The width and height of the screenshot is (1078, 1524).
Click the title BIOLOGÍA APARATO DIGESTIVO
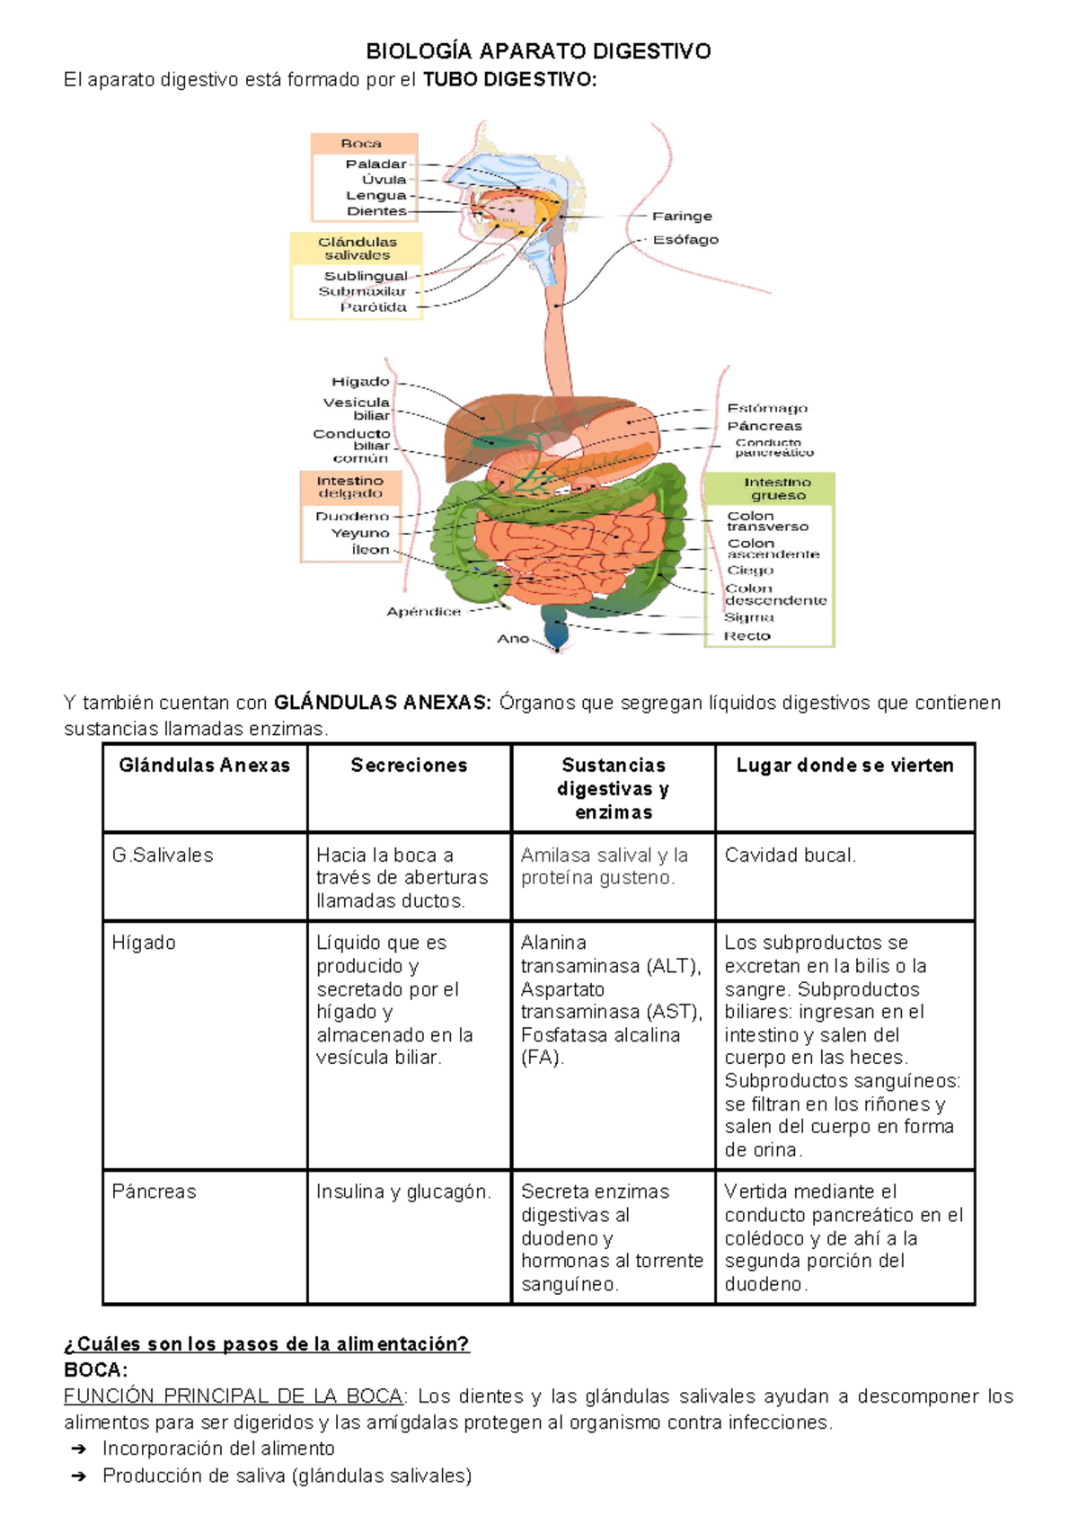[537, 51]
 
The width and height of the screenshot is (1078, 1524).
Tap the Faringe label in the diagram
[682, 217]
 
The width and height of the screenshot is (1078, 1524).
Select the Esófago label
[685, 240]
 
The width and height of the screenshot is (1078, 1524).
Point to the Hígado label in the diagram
[360, 382]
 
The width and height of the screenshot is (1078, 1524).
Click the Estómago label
[767, 408]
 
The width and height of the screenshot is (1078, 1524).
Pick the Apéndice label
[423, 612]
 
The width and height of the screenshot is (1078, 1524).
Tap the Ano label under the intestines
[513, 639]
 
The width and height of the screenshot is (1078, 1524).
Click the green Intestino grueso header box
[777, 489]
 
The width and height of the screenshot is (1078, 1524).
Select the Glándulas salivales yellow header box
[357, 248]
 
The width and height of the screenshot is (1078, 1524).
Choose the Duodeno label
[352, 517]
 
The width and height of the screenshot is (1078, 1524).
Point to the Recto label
[747, 636]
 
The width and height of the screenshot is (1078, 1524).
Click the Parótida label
[373, 307]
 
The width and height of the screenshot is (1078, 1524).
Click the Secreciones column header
[409, 766]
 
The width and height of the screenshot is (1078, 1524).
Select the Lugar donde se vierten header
[844, 766]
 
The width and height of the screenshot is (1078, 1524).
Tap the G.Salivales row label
[163, 855]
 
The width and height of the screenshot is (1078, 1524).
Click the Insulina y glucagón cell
[403, 1192]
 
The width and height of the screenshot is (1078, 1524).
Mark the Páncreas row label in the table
[154, 1192]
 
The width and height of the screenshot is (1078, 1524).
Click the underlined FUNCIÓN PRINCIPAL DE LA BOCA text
[234, 1396]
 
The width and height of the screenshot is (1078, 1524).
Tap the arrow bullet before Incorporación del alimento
[78, 1449]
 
